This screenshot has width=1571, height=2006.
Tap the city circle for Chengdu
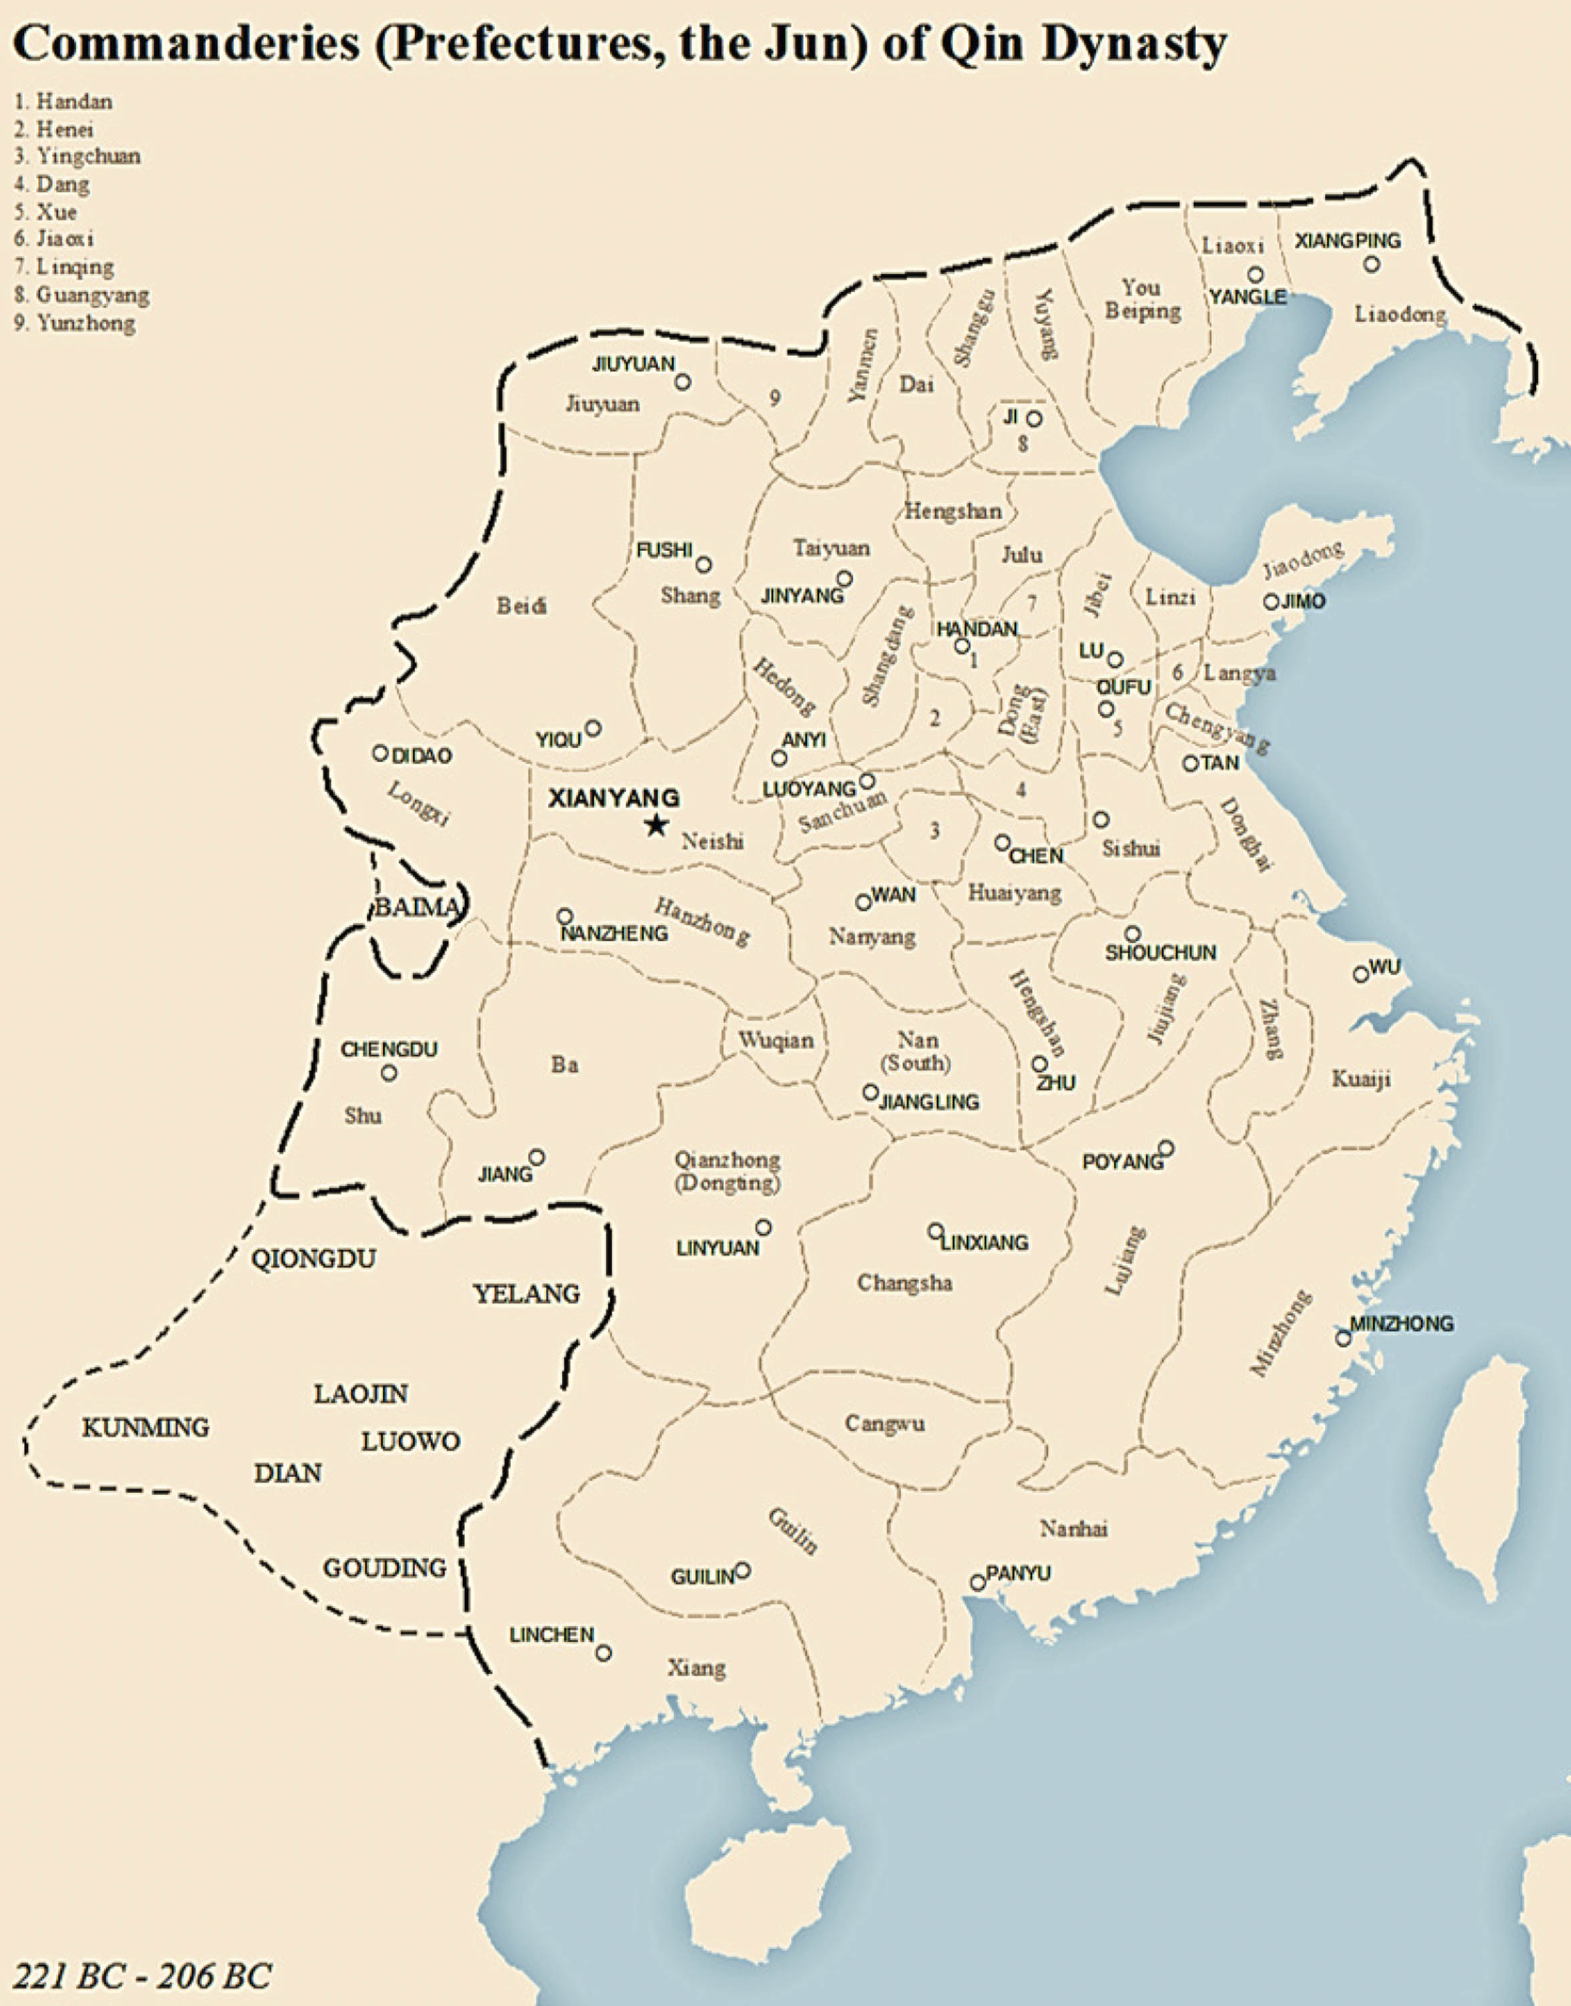pyautogui.click(x=389, y=1073)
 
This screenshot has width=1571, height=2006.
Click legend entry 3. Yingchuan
pyautogui.click(x=78, y=156)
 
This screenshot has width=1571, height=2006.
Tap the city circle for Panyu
pyautogui.click(x=978, y=1582)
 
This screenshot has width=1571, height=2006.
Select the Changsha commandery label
pyautogui.click(x=904, y=1282)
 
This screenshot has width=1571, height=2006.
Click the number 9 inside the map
pyautogui.click(x=775, y=397)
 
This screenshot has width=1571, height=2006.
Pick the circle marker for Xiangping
pyautogui.click(x=1372, y=264)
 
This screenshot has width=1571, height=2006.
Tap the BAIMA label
pyautogui.click(x=417, y=908)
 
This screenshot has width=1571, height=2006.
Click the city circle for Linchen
pyautogui.click(x=603, y=1653)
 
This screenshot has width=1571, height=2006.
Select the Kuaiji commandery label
pyautogui.click(x=1361, y=1078)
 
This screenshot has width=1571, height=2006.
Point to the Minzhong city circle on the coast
pyautogui.click(x=1343, y=1338)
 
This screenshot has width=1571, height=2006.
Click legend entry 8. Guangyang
pyautogui.click(x=82, y=296)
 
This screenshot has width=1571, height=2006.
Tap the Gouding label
pyautogui.click(x=385, y=1567)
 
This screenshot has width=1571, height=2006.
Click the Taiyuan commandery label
pyautogui.click(x=831, y=548)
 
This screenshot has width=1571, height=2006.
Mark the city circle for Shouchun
pyautogui.click(x=1132, y=933)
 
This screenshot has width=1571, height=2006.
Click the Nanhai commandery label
pyautogui.click(x=1073, y=1528)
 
